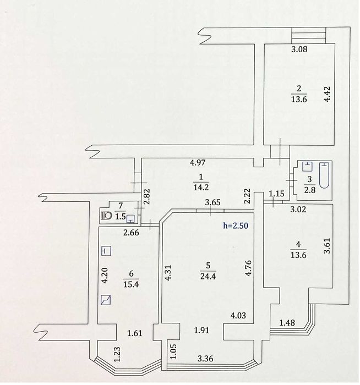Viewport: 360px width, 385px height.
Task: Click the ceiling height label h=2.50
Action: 238,226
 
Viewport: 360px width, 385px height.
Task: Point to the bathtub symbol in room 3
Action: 326,175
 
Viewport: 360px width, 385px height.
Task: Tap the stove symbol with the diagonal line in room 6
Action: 106,300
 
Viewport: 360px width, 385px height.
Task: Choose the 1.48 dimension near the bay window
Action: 287,323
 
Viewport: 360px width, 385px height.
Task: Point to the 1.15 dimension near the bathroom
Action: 276,194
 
